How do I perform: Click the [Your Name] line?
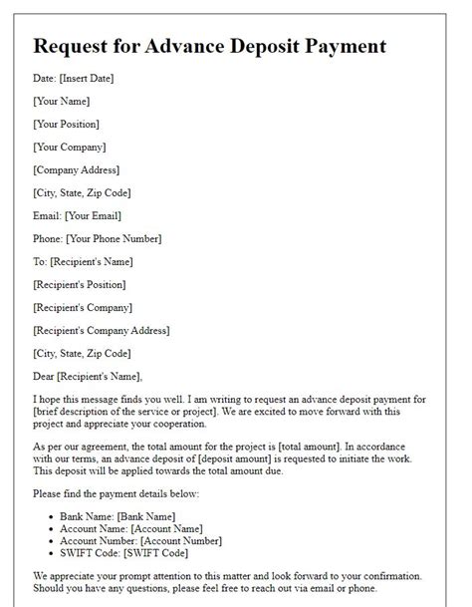[x=62, y=101]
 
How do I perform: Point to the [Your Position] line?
[x=67, y=124]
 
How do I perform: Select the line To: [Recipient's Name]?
[x=83, y=261]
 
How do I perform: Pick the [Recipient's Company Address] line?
[x=101, y=330]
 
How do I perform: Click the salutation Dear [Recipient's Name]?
[x=88, y=376]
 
